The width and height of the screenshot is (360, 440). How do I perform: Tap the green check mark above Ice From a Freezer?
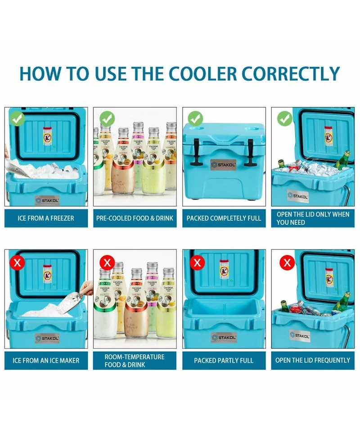click(17, 119)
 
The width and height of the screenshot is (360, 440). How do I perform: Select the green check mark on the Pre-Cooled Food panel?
click(107, 119)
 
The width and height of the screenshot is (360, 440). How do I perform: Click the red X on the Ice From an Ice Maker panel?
click(17, 263)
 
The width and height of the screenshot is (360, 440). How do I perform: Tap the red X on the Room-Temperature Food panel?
click(107, 263)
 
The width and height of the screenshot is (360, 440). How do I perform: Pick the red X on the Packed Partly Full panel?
click(197, 263)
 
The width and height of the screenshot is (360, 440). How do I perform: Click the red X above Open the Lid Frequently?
click(287, 263)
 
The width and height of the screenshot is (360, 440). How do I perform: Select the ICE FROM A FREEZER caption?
click(46, 218)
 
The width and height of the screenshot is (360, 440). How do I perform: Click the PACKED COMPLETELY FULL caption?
click(224, 218)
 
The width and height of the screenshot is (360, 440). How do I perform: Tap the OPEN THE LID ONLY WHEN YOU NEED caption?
click(313, 218)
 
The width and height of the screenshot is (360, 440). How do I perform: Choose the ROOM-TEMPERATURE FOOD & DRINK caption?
click(135, 360)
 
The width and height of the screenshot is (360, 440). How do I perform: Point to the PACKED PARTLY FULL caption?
click(224, 360)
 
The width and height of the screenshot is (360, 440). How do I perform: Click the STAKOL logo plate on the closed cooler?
click(224, 165)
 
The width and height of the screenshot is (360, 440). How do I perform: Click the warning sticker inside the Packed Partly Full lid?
click(224, 270)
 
